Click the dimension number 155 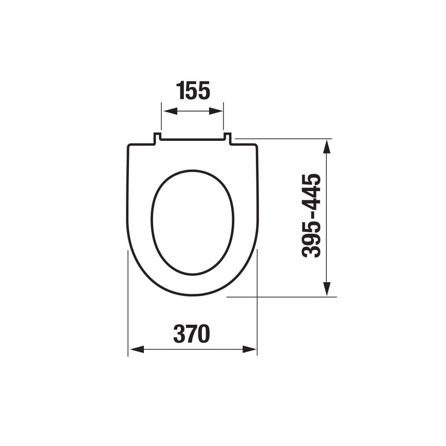point(193,91)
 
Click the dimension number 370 point(192,334)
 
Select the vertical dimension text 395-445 point(312,216)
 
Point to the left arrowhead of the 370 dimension point(135,349)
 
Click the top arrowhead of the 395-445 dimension point(326,145)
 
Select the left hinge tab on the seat point(157,138)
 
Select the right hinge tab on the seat point(227,138)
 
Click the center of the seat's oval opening point(192,222)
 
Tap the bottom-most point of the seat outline point(192,295)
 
